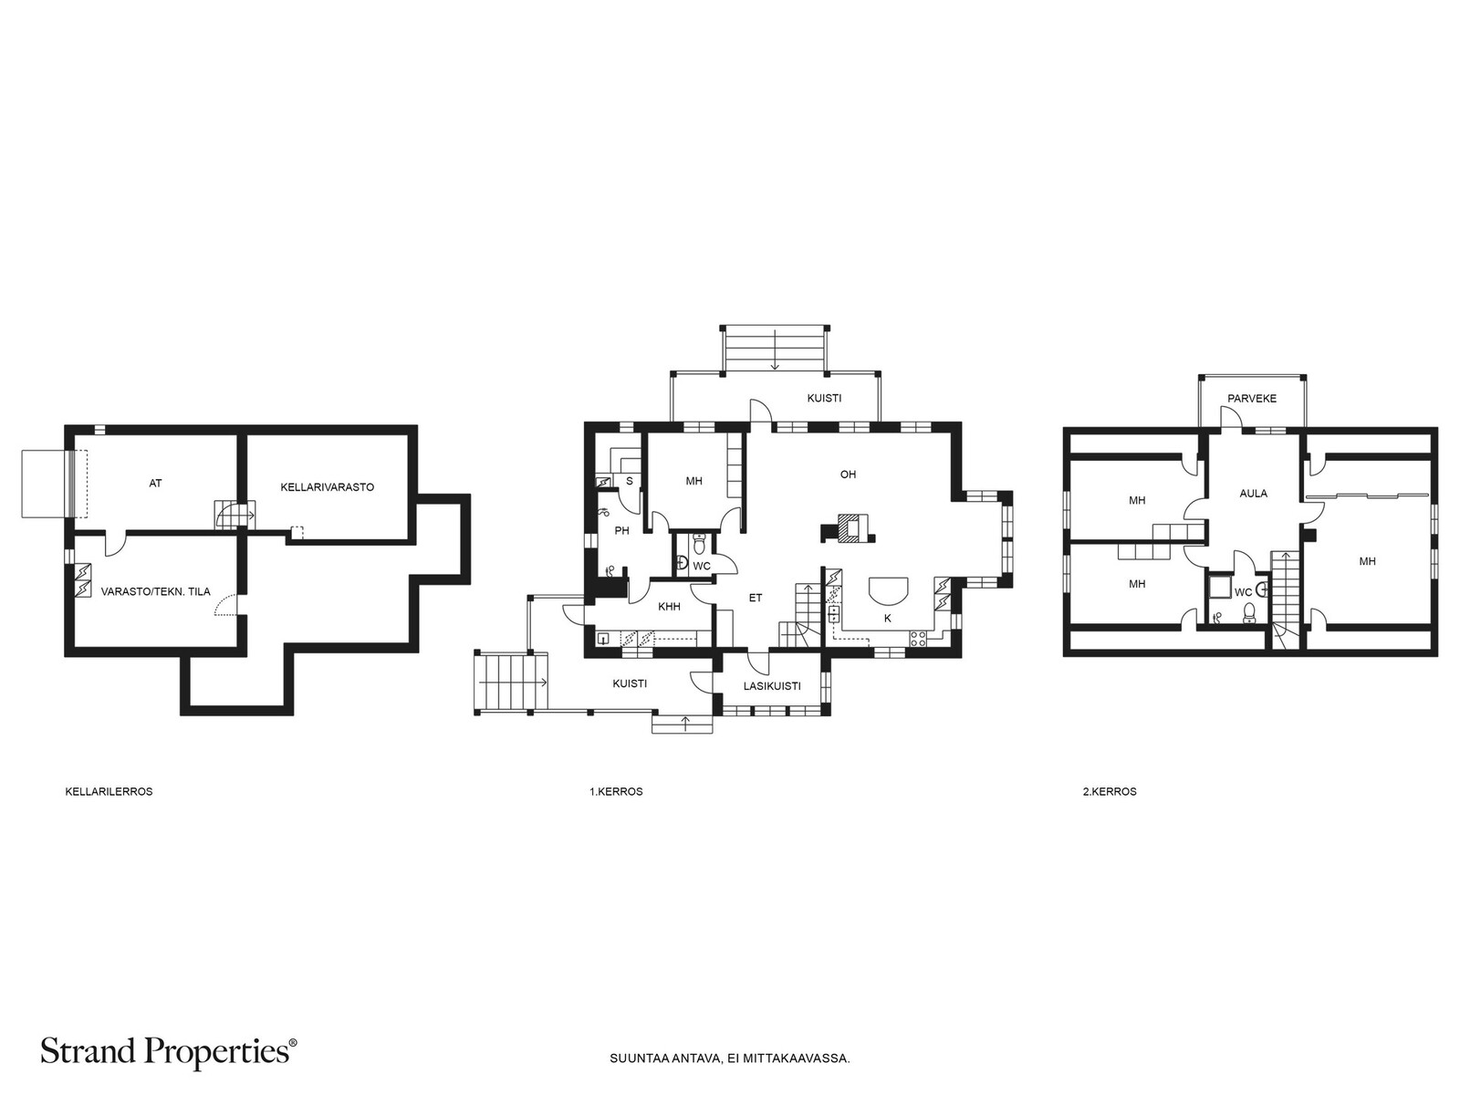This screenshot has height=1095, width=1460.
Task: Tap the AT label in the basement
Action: pos(155,484)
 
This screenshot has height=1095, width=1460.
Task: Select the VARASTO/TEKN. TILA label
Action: pos(155,591)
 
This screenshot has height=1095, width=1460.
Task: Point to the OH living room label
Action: pos(848,474)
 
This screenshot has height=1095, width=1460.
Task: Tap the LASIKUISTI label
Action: pos(772,686)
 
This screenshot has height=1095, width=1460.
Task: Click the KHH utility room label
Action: pos(669,606)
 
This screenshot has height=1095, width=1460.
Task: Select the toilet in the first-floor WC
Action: pos(698,544)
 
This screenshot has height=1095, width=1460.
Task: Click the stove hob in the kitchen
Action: pos(918,638)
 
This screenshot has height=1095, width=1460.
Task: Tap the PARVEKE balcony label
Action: pos(1252,399)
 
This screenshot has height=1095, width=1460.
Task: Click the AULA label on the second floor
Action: pos(1253,494)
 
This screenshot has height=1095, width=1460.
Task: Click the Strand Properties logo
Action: pos(169,1051)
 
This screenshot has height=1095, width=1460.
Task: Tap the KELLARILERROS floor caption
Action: pos(109,792)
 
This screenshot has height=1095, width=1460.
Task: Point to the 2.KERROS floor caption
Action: pos(1110,792)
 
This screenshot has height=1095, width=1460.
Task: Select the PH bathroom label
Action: pos(622,530)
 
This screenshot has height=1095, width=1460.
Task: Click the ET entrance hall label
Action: pos(755,599)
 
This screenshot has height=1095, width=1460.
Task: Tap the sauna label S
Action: pos(630,481)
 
